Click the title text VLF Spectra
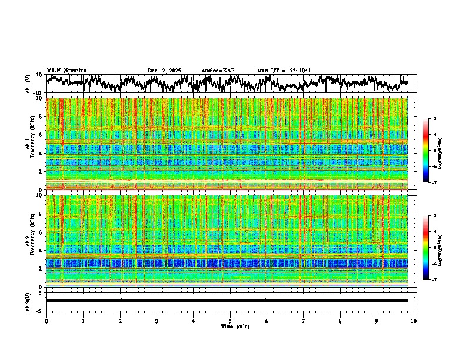66,71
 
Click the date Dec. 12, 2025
164,71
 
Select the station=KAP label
218,71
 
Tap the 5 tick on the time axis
230,321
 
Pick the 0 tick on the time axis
46,321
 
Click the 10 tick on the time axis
414,321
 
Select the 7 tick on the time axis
304,321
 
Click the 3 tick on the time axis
157,321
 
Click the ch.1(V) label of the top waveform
28,84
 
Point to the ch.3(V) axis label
28,301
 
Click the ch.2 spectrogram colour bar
426,248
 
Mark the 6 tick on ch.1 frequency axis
42,135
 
